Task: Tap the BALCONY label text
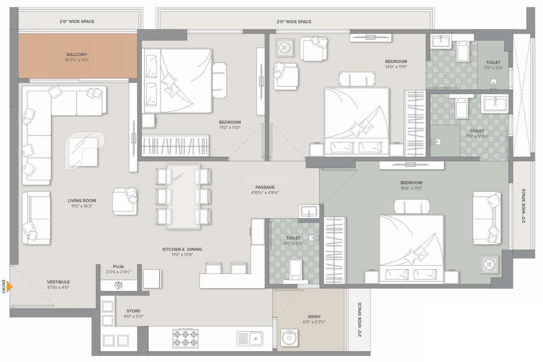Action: [77, 55]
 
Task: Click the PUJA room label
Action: [118, 266]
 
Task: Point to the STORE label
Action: [133, 311]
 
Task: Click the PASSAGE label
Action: [264, 187]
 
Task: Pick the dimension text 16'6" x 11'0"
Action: [411, 188]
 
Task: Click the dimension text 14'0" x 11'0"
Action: [396, 67]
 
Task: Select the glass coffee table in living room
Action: [84, 151]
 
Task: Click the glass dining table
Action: [183, 196]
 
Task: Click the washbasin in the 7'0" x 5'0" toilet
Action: [441, 42]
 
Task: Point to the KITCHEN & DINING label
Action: [182, 249]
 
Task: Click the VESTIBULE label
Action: [59, 282]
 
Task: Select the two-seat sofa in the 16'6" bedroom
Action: [487, 218]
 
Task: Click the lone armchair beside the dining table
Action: [125, 201]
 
